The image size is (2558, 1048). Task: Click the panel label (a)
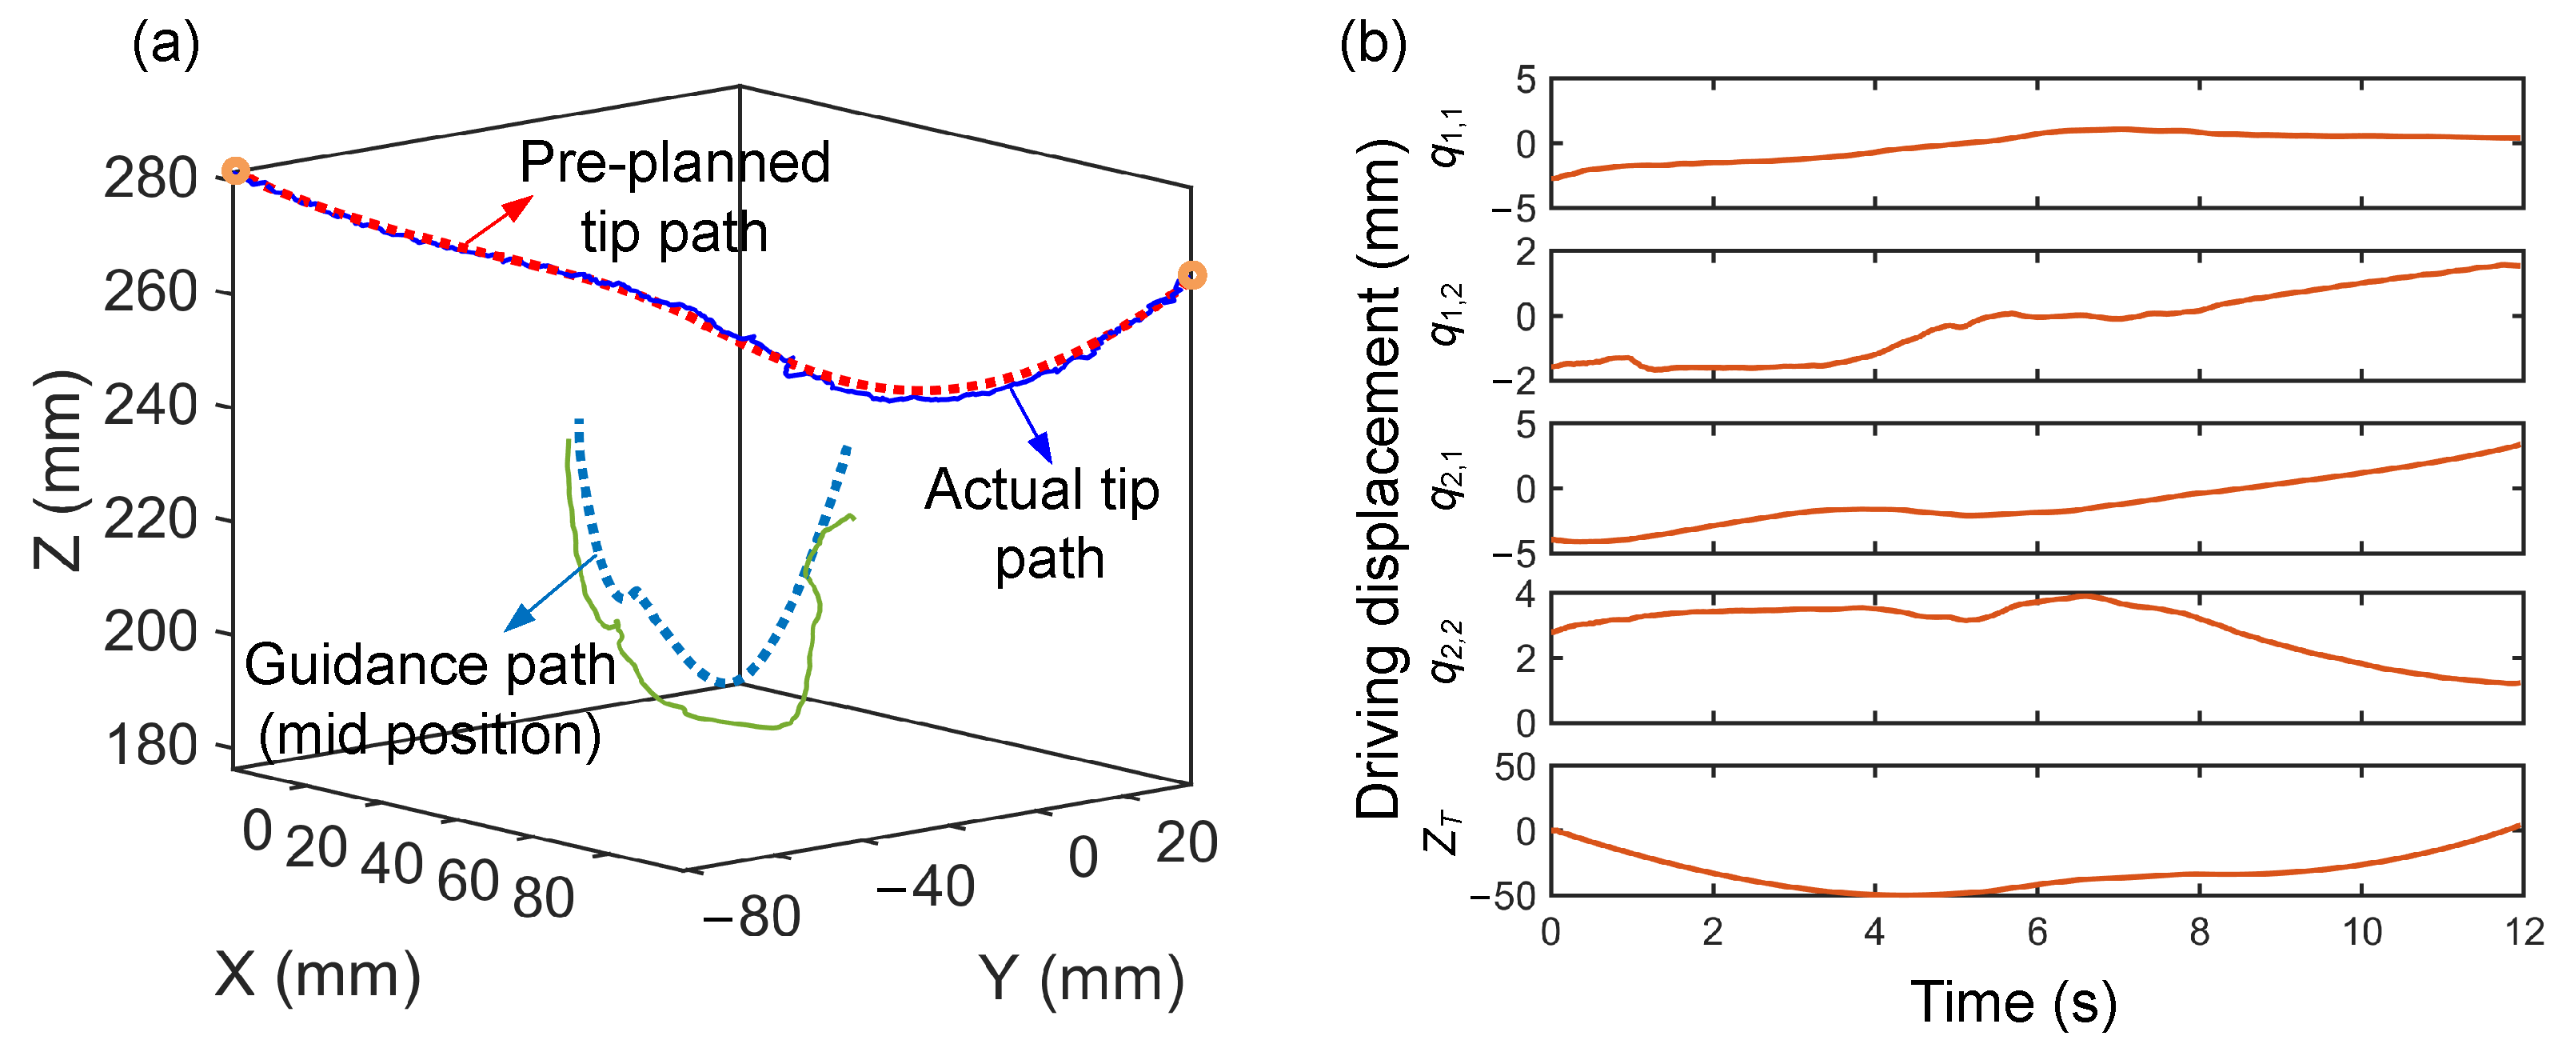pyautogui.click(x=166, y=44)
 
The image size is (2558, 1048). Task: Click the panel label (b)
pyautogui.click(x=1372, y=44)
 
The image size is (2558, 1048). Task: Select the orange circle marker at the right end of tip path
pyautogui.click(x=1191, y=275)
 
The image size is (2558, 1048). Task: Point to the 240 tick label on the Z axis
pyautogui.click(x=150, y=406)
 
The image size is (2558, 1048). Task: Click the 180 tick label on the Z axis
pyautogui.click(x=152, y=746)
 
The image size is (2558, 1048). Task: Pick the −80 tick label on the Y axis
pyautogui.click(x=752, y=916)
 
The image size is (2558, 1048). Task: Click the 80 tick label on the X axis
pyautogui.click(x=543, y=898)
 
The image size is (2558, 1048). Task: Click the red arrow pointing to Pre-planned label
pyautogui.click(x=497, y=221)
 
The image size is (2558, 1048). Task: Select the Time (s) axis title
pyautogui.click(x=2013, y=1002)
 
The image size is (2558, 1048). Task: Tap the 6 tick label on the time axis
pyautogui.click(x=2037, y=932)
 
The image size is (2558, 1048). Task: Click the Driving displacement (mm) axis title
pyautogui.click(x=1380, y=477)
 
